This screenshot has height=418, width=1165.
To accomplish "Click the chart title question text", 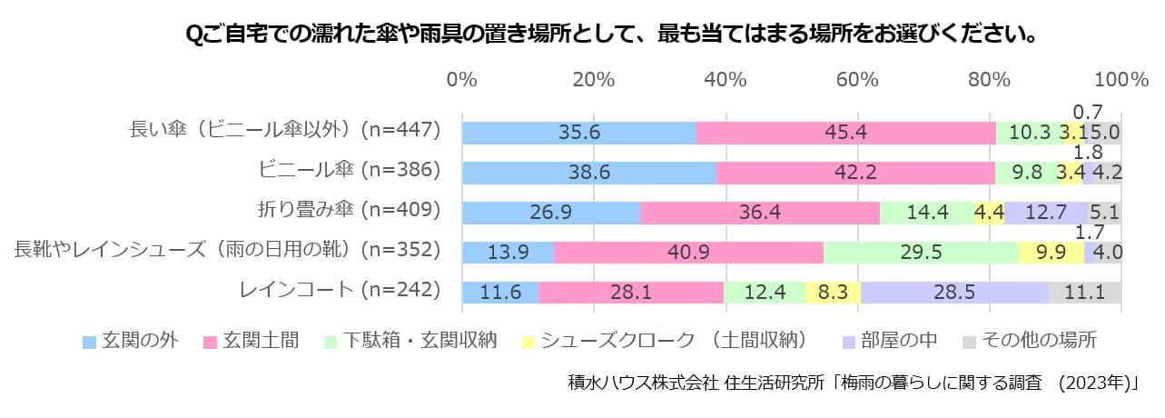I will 611,35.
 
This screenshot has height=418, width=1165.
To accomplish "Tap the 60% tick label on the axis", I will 858,79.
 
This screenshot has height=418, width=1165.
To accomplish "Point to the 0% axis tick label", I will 462,79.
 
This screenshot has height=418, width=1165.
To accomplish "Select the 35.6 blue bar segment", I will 579,132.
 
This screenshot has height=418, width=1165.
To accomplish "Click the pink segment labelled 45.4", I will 845,132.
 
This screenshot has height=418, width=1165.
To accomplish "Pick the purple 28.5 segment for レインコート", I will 954,292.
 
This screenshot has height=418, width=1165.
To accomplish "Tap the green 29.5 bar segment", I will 921,252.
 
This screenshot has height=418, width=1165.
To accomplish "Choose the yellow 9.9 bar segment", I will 1051,252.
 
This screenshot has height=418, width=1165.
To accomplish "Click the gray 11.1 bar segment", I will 1085,292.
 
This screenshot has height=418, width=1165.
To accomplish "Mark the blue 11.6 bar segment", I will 500,292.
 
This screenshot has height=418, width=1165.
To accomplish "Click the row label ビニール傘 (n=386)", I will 337,169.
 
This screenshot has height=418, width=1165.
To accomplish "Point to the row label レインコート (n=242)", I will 340,290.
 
